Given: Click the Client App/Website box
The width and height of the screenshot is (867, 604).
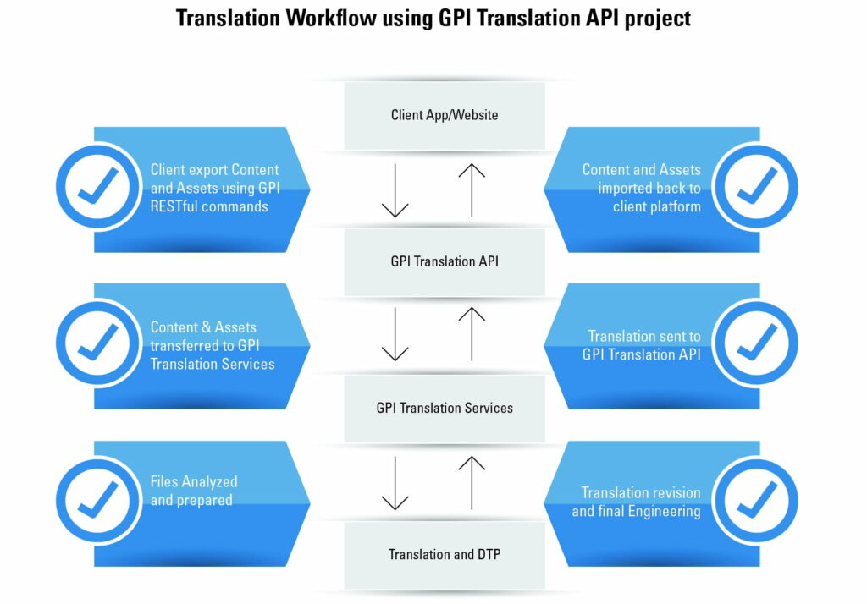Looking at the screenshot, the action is click(x=445, y=116).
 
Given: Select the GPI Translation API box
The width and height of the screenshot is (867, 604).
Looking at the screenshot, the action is click(x=445, y=262).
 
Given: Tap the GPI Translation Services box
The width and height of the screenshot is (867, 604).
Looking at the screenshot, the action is click(x=445, y=409).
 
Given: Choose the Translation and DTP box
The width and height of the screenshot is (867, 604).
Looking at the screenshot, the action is click(x=445, y=555).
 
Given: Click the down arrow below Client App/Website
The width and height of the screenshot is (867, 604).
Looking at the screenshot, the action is click(x=395, y=190).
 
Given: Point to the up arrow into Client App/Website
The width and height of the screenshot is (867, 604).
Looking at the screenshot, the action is click(x=472, y=190).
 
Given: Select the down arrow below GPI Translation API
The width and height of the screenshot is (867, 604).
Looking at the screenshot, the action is click(x=395, y=334).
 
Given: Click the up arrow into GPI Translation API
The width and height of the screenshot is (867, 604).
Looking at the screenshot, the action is click(x=472, y=334).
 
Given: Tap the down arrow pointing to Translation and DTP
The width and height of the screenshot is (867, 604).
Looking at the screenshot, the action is click(x=395, y=483).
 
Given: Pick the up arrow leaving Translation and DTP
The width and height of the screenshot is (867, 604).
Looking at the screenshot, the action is click(x=472, y=483).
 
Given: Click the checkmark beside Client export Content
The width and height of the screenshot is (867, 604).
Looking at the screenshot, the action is click(x=98, y=186).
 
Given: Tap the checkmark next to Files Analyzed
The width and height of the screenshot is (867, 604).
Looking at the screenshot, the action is click(x=98, y=500).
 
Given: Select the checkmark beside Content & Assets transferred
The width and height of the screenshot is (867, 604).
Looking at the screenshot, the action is click(x=98, y=343).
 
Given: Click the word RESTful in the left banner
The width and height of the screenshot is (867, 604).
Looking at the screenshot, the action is click(x=174, y=206).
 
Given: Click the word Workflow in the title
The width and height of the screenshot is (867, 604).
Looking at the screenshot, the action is click(x=322, y=19).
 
